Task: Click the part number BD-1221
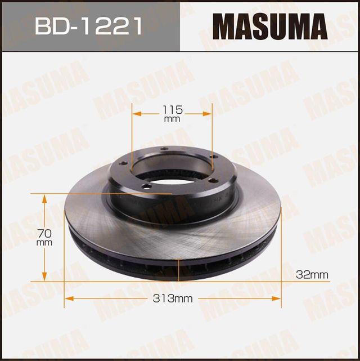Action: [x=88, y=26]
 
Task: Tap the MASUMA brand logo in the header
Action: [x=269, y=26]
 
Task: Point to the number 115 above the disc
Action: [x=172, y=109]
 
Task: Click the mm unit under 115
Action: [x=172, y=120]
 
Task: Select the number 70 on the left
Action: [x=44, y=231]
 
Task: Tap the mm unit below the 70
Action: [x=44, y=242]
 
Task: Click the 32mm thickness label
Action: [x=312, y=274]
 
